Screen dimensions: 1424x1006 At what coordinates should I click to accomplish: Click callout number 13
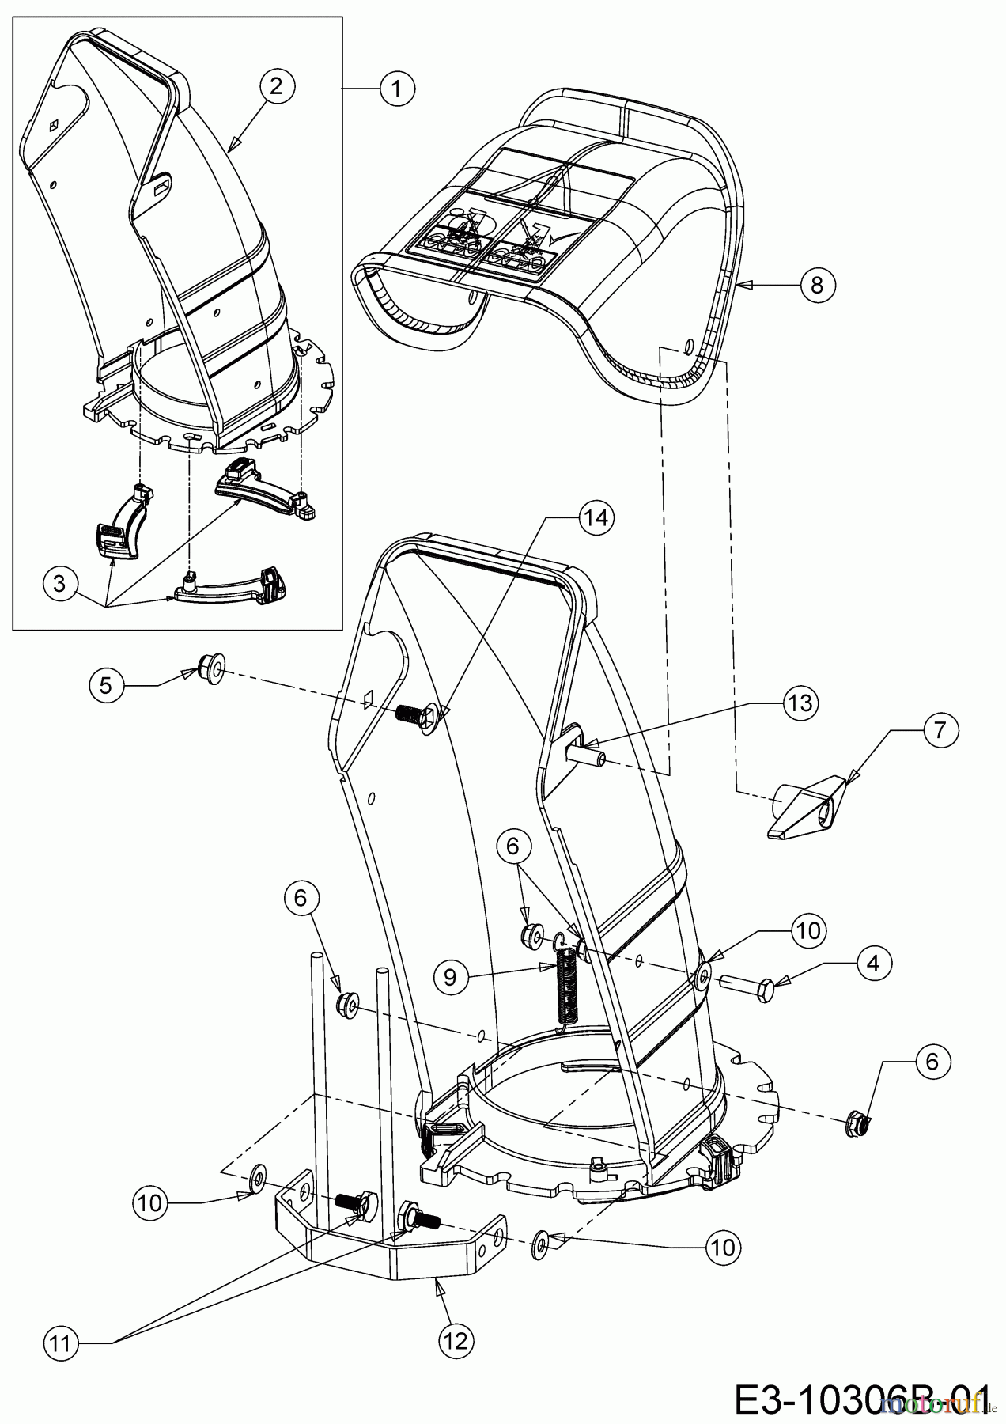(x=800, y=703)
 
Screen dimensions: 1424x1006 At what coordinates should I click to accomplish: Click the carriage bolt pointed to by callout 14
(x=416, y=716)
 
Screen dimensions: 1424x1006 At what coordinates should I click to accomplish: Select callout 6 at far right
(x=932, y=1061)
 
